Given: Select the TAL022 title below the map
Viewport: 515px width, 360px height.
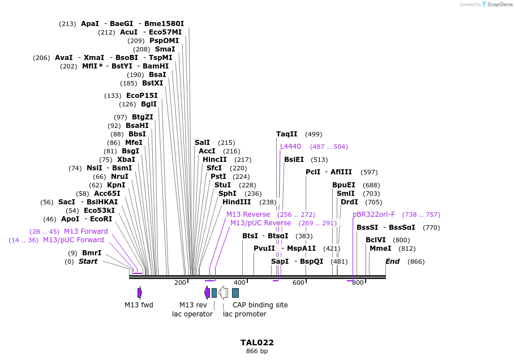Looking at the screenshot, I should (x=257, y=342).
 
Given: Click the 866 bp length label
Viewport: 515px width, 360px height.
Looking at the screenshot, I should (x=257, y=352).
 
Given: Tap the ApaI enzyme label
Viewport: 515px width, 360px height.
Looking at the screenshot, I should (x=89, y=24).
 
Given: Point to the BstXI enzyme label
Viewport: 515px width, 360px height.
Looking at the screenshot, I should (x=152, y=83).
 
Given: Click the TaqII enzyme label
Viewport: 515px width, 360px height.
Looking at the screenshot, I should (x=286, y=134).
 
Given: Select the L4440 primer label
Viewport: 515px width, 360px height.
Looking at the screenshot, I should (x=290, y=147).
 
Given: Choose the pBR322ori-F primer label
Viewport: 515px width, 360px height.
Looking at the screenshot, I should (x=374, y=215).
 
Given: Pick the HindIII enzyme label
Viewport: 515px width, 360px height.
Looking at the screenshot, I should (x=237, y=202).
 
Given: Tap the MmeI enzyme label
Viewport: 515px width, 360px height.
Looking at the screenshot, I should (x=380, y=248).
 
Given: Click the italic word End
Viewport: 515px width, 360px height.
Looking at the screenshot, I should (x=393, y=262).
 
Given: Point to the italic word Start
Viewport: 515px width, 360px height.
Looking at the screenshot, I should (x=88, y=262).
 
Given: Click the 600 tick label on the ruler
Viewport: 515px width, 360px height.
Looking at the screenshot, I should (x=298, y=282).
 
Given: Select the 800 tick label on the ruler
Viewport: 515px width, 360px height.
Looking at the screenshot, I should (x=358, y=282).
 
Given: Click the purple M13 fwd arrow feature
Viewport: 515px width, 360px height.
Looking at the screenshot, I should (x=139, y=293).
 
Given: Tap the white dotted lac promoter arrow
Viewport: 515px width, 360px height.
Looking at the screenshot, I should (x=223, y=293).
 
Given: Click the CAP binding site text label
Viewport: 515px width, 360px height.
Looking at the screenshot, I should (x=260, y=305).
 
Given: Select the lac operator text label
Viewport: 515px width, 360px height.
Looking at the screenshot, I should (x=192, y=314).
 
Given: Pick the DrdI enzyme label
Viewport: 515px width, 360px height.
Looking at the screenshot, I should (x=349, y=202).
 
